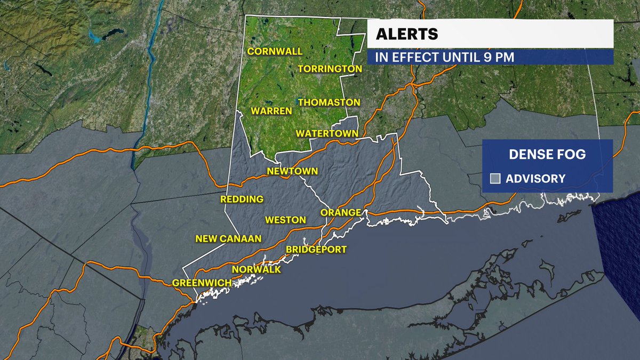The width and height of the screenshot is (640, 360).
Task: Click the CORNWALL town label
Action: pos(274,51)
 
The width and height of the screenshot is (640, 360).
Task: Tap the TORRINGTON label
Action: pos(330,69)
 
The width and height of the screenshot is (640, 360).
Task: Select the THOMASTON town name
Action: pos(329,102)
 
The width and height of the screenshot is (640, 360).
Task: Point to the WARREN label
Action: pos(271,111)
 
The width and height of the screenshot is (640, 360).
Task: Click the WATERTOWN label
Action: pos(327,133)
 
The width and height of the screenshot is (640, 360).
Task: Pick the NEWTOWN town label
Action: pos(292,171)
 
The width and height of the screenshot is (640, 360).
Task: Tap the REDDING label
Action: pos(242,199)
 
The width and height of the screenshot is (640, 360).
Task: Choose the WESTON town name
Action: pos(285,220)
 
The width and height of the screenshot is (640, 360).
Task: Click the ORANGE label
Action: pos(341,212)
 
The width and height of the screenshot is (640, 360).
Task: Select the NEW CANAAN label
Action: pos(228,238)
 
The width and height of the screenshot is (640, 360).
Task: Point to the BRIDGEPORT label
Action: pos(316,249)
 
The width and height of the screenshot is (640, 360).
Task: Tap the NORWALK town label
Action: pos(256,269)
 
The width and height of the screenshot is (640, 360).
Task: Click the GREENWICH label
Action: pos(201,282)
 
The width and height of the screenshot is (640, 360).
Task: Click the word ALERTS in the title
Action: pos(407,34)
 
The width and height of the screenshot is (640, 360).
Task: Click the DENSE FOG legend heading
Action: pos(547,155)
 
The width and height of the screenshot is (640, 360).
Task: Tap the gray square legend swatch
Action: pos(495,179)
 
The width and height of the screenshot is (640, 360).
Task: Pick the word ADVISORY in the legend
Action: pos(535,179)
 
